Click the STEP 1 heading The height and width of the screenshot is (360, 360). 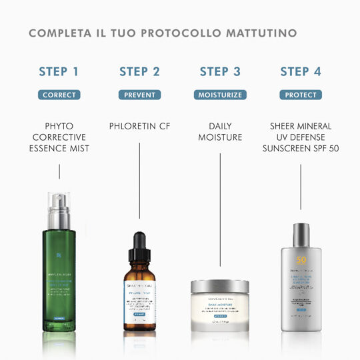click(59, 72)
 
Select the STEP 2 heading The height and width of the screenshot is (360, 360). click(139, 72)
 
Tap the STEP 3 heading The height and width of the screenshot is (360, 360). click(219, 72)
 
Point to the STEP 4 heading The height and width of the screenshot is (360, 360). click(300, 72)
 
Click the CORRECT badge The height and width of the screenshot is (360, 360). click(59, 95)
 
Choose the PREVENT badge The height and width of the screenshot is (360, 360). click(139, 95)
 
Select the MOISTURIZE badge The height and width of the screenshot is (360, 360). click(219, 95)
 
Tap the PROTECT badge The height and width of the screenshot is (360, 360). click(300, 95)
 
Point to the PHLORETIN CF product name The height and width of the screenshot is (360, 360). click(139, 125)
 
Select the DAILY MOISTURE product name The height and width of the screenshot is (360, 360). click(219, 131)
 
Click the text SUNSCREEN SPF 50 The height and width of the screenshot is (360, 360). click(300, 148)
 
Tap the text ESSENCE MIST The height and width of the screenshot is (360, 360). click(59, 148)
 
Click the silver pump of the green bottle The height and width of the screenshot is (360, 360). click(59, 202)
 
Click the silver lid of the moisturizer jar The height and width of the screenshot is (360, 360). click(219, 287)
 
